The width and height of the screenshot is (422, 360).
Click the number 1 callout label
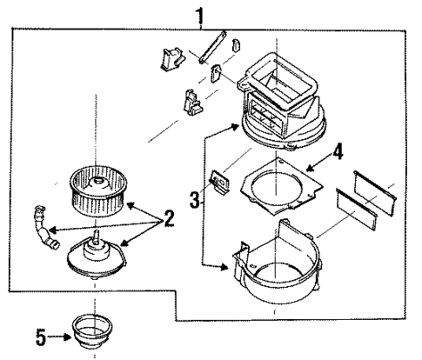[201, 15]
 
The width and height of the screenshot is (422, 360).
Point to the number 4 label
[338, 150]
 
